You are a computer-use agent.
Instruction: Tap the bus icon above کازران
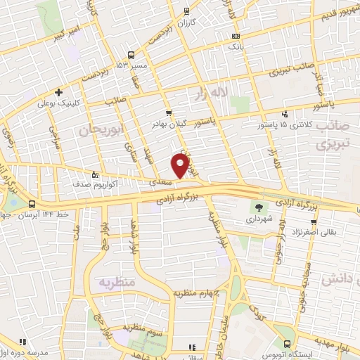(186, 12)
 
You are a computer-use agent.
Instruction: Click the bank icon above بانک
(236, 37)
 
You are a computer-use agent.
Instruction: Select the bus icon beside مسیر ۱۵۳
(131, 55)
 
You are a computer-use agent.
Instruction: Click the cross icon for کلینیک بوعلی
(59, 91)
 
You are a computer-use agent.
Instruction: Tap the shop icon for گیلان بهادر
(168, 113)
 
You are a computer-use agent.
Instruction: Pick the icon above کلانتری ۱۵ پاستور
(285, 113)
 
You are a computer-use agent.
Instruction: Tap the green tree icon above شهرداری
(259, 207)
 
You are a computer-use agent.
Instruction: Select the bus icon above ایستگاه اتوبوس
(287, 343)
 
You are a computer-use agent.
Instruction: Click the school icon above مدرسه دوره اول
(22, 343)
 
